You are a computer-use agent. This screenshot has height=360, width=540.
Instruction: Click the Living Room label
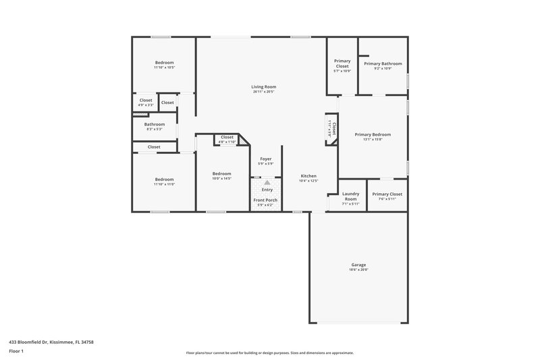[x=264, y=86]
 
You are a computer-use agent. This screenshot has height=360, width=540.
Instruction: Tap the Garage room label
[x=358, y=264]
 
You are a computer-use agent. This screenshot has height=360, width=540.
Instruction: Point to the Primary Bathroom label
[x=383, y=63]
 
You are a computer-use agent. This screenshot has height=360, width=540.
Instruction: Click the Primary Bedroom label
[x=373, y=134]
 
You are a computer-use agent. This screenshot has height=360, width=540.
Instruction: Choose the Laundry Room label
[x=350, y=197]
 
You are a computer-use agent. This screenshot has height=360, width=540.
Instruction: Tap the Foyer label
[x=266, y=159]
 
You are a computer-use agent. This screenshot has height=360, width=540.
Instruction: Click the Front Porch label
[x=265, y=200]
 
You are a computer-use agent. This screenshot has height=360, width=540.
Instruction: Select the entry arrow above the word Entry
[x=267, y=182]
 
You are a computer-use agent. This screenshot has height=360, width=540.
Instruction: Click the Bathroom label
[x=155, y=124]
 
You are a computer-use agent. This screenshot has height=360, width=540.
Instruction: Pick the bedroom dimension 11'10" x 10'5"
[x=164, y=68]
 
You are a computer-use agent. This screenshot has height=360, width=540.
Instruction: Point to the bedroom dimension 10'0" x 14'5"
[x=221, y=178]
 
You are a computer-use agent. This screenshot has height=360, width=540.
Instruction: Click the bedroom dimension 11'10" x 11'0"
[x=164, y=184]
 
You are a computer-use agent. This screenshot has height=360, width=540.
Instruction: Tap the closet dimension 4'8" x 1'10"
[x=227, y=142]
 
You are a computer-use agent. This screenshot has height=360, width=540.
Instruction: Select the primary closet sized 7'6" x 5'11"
[x=387, y=199]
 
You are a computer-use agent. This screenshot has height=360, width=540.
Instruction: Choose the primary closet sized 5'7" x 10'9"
[x=342, y=71]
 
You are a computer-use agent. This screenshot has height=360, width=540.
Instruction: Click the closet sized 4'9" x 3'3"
[x=146, y=105]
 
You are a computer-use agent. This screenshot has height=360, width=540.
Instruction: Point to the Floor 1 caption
[x=16, y=351]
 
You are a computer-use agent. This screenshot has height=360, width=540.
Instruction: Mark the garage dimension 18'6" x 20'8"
[x=358, y=269]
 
